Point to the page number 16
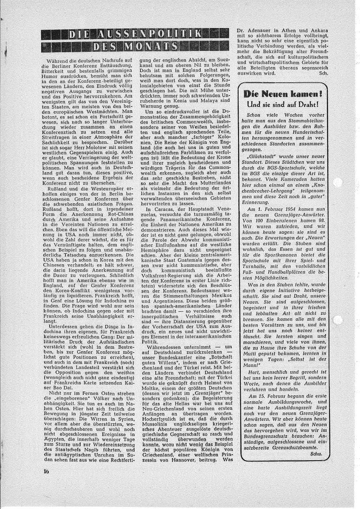pyautogui.click(x=46, y=472)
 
